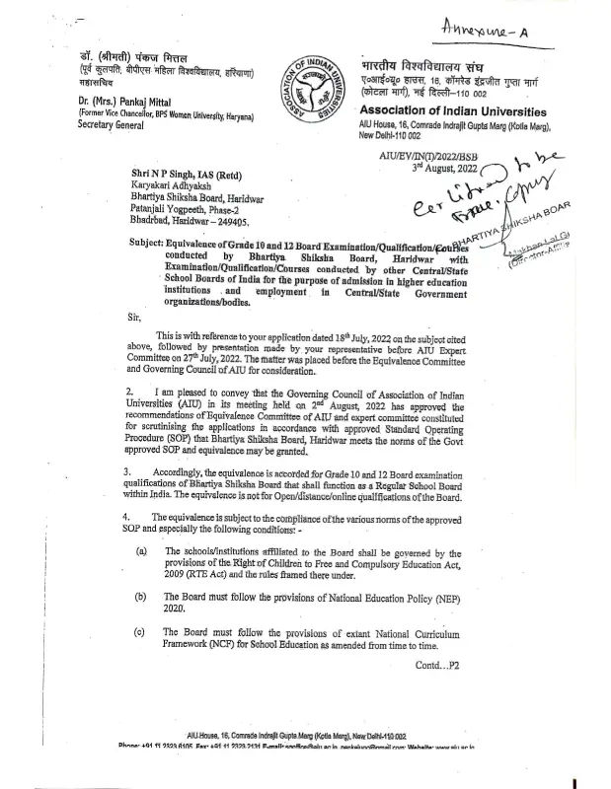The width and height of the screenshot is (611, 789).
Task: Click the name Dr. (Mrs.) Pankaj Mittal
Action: pyautogui.click(x=104, y=101)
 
